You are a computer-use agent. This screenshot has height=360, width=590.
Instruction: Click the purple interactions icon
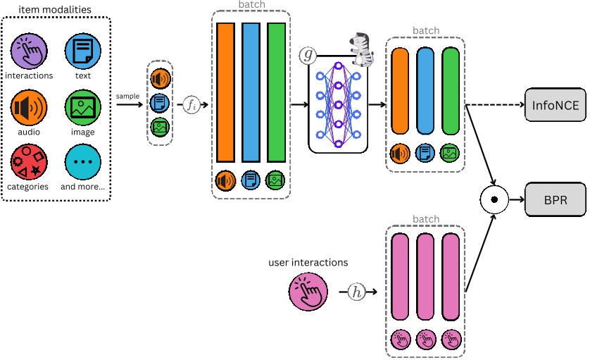click(x=29, y=51)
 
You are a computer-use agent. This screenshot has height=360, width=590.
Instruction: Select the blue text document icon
click(x=83, y=51)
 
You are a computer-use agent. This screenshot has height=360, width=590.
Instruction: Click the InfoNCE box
click(x=555, y=105)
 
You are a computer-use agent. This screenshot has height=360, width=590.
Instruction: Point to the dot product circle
click(x=494, y=200)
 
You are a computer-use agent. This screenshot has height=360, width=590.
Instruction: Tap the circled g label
click(x=308, y=55)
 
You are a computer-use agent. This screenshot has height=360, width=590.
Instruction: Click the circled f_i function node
click(x=192, y=105)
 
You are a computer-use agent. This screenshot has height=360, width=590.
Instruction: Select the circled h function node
click(x=358, y=292)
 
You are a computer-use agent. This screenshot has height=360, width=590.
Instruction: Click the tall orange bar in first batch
click(x=225, y=92)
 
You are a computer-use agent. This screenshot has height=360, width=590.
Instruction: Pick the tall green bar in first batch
click(x=276, y=92)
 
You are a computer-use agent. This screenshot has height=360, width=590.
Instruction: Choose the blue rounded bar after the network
click(x=425, y=91)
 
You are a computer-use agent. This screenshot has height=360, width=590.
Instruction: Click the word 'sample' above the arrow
click(x=127, y=95)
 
